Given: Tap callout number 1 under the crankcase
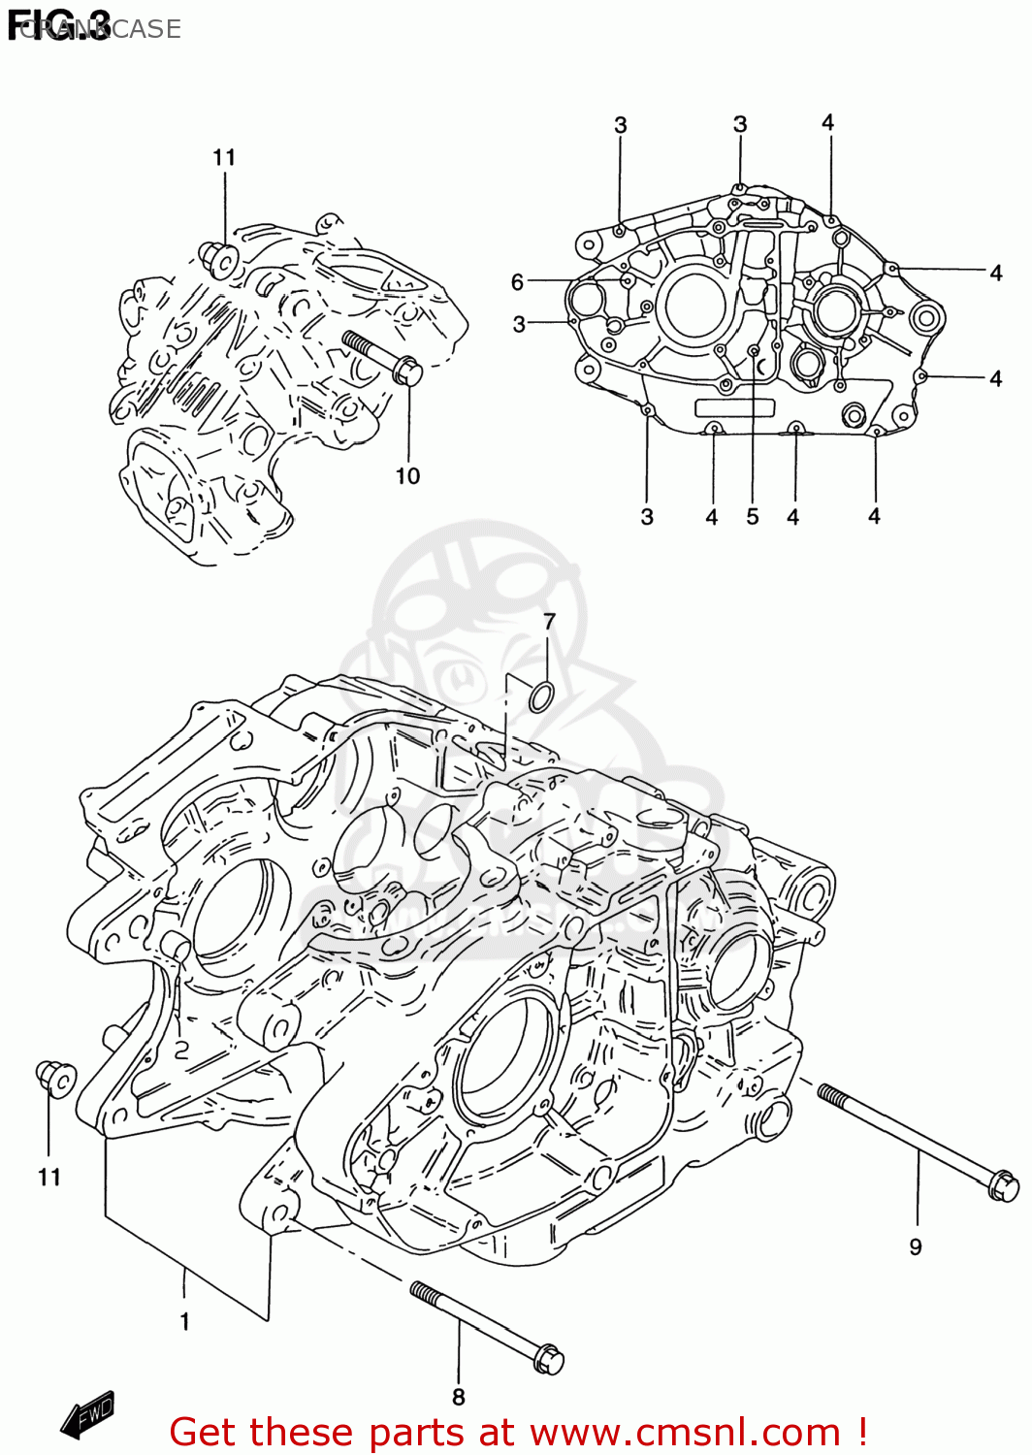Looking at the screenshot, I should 184,1321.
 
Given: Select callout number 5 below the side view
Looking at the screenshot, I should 753,517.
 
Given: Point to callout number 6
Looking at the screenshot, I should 518,282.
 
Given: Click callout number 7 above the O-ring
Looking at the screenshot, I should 549,622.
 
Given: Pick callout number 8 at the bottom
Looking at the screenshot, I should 459,1397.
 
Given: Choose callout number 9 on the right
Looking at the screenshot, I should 916,1247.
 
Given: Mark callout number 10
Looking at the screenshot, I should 407,475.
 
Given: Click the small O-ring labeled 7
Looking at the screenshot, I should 541,695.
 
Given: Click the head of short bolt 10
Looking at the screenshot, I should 409,371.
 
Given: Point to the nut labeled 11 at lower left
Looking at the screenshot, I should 54,1078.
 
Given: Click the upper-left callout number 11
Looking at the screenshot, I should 224,157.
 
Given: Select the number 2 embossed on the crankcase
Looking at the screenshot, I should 180,1050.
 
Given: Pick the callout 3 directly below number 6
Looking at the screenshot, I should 520,324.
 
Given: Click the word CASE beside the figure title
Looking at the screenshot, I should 145,29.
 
